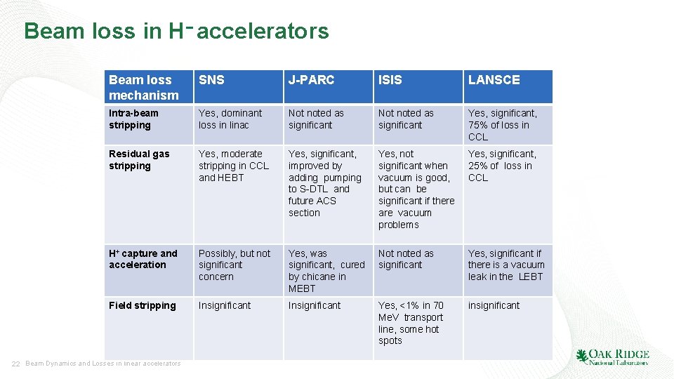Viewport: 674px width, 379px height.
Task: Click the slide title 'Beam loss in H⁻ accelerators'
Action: [x=176, y=31]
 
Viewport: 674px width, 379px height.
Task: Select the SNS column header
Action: [x=212, y=80]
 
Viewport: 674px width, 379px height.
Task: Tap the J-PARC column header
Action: [x=311, y=80]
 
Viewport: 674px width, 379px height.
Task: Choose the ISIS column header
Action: [x=390, y=80]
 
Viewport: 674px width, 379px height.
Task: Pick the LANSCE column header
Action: [x=494, y=80]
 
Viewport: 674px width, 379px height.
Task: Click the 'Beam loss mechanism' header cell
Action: [x=144, y=87]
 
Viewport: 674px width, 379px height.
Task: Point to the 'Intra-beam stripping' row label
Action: [x=133, y=119]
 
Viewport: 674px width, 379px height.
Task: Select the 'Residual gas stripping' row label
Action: [x=139, y=160]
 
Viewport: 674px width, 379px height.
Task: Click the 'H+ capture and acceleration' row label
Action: [x=143, y=259]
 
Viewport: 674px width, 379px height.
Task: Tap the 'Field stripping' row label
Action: [x=143, y=305]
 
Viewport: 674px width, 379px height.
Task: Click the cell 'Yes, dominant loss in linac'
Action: [x=230, y=119]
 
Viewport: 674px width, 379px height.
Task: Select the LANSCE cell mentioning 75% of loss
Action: [x=502, y=125]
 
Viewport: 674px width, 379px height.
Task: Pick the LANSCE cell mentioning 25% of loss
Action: [x=502, y=166]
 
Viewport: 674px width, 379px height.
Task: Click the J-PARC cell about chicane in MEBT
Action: [x=326, y=271]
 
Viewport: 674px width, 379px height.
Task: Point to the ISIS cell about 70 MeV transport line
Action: [x=411, y=323]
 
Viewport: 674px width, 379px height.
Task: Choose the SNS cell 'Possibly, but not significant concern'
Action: [x=234, y=265]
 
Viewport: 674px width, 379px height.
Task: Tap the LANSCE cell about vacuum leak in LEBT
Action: [x=506, y=265]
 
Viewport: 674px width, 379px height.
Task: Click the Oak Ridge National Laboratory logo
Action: [x=612, y=357]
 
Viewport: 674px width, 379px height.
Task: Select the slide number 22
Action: [x=15, y=364]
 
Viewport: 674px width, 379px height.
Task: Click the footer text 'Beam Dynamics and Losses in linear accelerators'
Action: [x=103, y=364]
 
